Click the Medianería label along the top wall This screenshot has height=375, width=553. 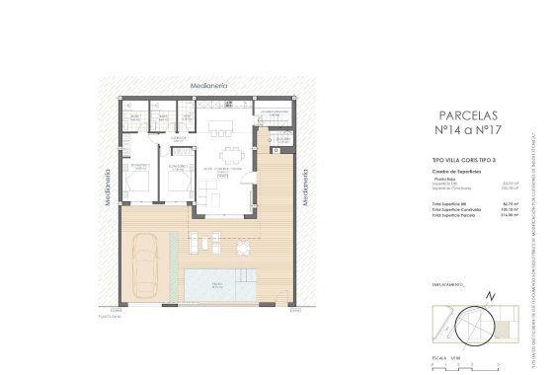208,87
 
